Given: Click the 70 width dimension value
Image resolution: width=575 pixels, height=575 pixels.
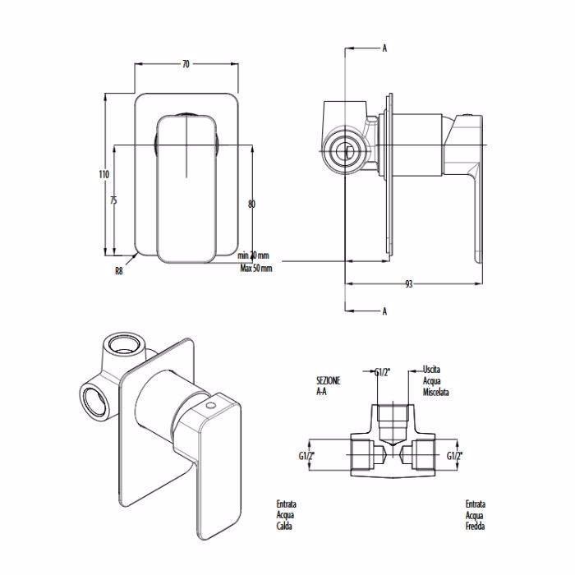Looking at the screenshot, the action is click(186, 64).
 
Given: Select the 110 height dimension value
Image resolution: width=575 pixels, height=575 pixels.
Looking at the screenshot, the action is click(103, 174).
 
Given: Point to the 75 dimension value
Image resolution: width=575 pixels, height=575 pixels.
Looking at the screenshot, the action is click(113, 200).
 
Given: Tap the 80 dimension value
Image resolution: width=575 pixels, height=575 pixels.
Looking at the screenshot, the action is click(251, 204).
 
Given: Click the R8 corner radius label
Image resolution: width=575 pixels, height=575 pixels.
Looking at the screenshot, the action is click(119, 271).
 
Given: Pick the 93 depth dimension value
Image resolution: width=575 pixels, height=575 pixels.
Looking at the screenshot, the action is click(408, 284).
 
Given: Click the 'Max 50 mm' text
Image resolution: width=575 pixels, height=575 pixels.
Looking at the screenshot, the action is click(256, 268).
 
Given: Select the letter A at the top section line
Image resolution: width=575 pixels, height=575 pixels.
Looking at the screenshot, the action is click(384, 48).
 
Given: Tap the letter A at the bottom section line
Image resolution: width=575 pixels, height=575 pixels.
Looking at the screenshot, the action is click(384, 311).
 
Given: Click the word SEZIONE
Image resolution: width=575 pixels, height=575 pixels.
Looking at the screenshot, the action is click(329, 380).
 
